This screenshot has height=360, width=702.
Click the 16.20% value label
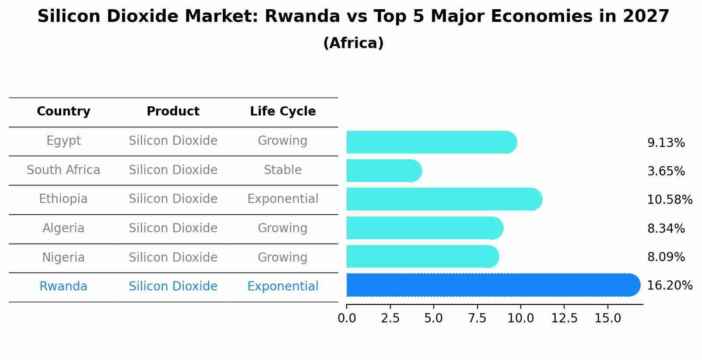click(x=669, y=286)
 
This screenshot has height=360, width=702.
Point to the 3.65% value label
click(x=666, y=171)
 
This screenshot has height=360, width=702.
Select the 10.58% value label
click(x=669, y=200)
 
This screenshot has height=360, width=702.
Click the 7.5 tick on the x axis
click(x=477, y=318)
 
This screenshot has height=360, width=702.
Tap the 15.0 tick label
click(x=607, y=318)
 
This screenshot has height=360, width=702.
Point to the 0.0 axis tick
click(x=347, y=318)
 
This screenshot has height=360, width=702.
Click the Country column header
click(x=63, y=112)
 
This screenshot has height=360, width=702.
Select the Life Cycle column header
click(x=283, y=112)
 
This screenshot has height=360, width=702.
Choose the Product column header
click(x=173, y=112)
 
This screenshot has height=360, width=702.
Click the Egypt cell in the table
click(x=63, y=141)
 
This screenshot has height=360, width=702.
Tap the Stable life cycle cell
click(x=283, y=170)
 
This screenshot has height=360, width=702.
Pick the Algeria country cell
click(x=63, y=228)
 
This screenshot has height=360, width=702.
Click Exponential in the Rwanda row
click(x=283, y=287)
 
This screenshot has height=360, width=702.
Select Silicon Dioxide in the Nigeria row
click(x=173, y=257)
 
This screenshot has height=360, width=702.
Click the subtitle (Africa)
click(x=353, y=43)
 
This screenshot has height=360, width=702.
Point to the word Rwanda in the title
click(x=302, y=17)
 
